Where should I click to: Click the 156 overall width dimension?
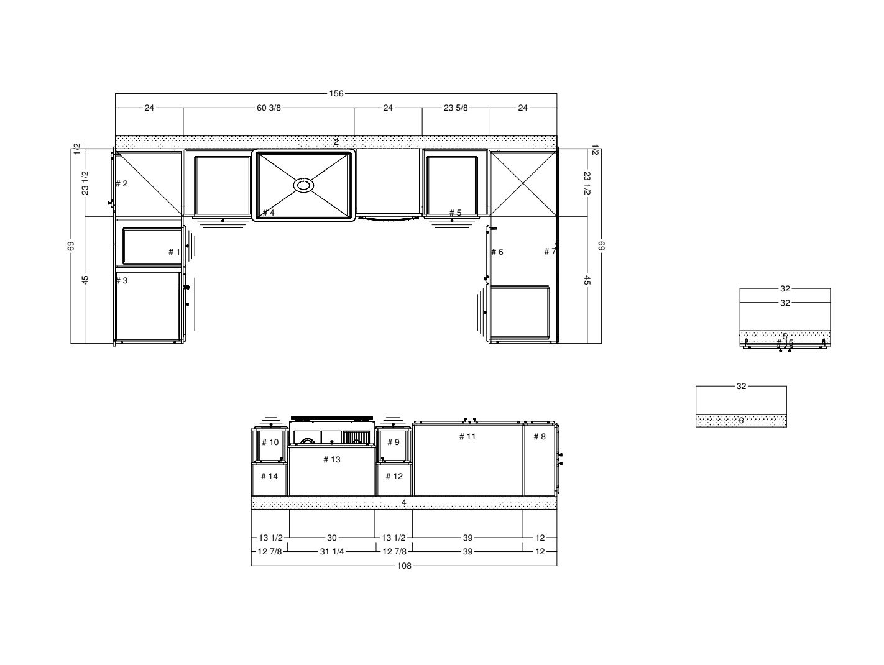(336, 94)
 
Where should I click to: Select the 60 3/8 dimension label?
(269, 108)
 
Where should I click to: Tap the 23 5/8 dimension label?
(456, 108)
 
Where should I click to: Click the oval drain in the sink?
(304, 185)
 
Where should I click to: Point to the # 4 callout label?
(268, 213)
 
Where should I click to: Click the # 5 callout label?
(455, 213)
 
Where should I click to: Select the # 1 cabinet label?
(174, 252)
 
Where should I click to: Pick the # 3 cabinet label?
(122, 281)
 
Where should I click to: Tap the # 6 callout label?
(497, 252)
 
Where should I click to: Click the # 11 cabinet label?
(467, 437)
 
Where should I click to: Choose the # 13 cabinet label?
(332, 460)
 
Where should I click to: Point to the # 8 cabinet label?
(540, 437)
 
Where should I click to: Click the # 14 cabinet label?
(269, 477)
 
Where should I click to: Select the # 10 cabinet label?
(270, 443)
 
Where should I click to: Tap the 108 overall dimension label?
(403, 566)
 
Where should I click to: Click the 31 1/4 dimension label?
(332, 552)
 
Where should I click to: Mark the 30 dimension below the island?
(332, 538)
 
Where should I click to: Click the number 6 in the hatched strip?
(741, 421)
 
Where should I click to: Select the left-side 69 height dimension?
(71, 247)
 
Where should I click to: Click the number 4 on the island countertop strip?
(404, 503)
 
